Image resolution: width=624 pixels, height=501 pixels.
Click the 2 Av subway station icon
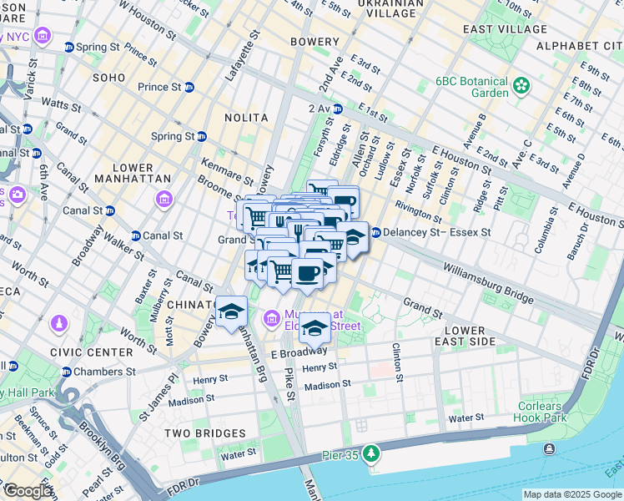tap(338, 109)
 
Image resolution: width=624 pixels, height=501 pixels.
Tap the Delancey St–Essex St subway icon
tap(375, 232)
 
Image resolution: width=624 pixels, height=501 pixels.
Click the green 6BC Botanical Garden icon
tap(522, 85)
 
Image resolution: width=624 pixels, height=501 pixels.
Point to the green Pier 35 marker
tap(370, 455)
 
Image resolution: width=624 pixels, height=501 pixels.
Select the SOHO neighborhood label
tap(108, 78)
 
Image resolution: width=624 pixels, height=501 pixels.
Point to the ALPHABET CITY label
tap(578, 44)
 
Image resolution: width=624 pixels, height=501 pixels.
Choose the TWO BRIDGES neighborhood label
tap(204, 433)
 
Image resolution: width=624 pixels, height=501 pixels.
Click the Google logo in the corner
tap(27, 491)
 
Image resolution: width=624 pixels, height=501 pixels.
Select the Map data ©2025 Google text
tap(571, 494)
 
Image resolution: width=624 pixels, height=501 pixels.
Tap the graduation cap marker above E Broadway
tap(315, 326)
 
